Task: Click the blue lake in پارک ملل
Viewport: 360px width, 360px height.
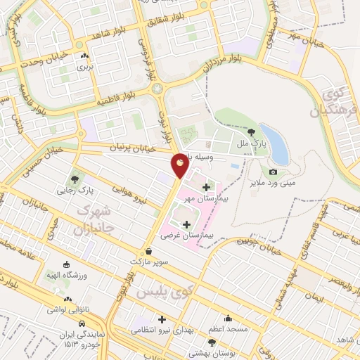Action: point(277,145)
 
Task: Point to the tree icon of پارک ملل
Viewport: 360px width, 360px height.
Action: point(251,131)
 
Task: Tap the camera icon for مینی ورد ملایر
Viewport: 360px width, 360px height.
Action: point(273,172)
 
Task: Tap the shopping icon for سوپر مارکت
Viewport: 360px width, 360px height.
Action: point(148,250)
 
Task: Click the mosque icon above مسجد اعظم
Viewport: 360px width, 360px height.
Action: point(227,317)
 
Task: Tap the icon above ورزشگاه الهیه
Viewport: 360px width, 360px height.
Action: point(67,265)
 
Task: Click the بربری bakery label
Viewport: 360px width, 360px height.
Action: point(84,68)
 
